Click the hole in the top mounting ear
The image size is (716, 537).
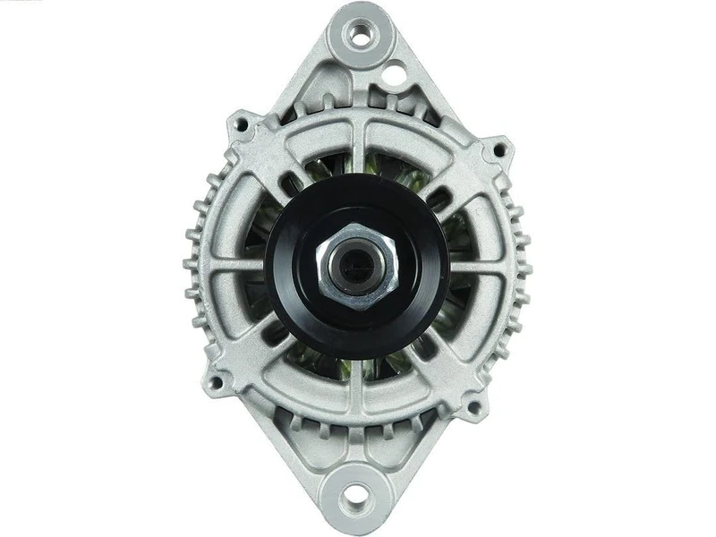click(360, 37)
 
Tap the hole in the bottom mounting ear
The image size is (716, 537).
click(355, 495)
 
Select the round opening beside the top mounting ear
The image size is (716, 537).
click(393, 74)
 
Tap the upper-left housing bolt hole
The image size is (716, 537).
click(239, 124)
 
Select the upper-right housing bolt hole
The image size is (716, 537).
click(497, 148)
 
